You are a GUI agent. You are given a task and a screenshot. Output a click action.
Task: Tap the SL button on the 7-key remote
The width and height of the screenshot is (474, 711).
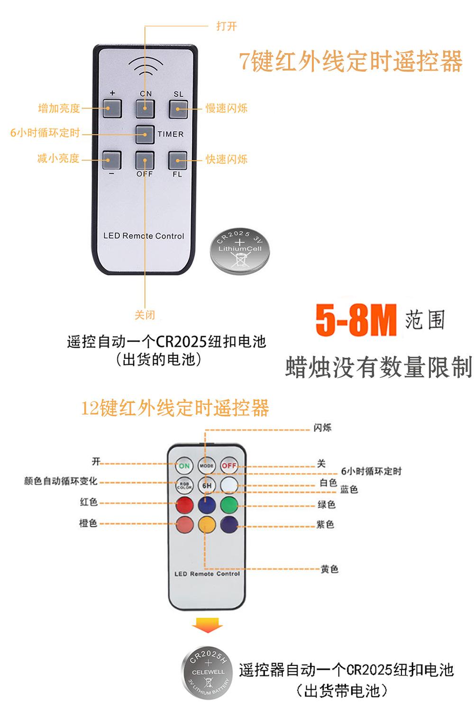(x=178, y=109)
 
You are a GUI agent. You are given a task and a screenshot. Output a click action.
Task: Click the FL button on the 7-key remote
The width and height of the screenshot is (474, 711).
(x=178, y=160)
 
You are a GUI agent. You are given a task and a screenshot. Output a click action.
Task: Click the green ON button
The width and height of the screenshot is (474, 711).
(x=184, y=466)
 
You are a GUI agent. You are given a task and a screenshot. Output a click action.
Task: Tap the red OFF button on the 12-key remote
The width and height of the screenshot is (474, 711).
(x=229, y=466)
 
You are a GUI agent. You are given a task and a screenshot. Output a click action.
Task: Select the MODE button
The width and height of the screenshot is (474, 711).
(x=207, y=466)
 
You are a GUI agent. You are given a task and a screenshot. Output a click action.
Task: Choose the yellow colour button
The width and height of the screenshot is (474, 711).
(x=207, y=525)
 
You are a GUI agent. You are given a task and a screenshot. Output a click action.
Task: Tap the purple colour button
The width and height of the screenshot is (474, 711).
(x=229, y=525)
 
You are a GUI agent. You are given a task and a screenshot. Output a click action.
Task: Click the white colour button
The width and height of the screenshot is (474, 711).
(x=229, y=485)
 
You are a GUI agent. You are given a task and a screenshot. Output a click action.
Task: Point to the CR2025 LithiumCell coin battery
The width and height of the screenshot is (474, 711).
(x=240, y=251)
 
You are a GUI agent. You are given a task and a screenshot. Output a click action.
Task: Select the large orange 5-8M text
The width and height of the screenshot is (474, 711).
(x=355, y=321)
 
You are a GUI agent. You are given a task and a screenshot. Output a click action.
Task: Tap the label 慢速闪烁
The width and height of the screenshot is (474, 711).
(x=227, y=109)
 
